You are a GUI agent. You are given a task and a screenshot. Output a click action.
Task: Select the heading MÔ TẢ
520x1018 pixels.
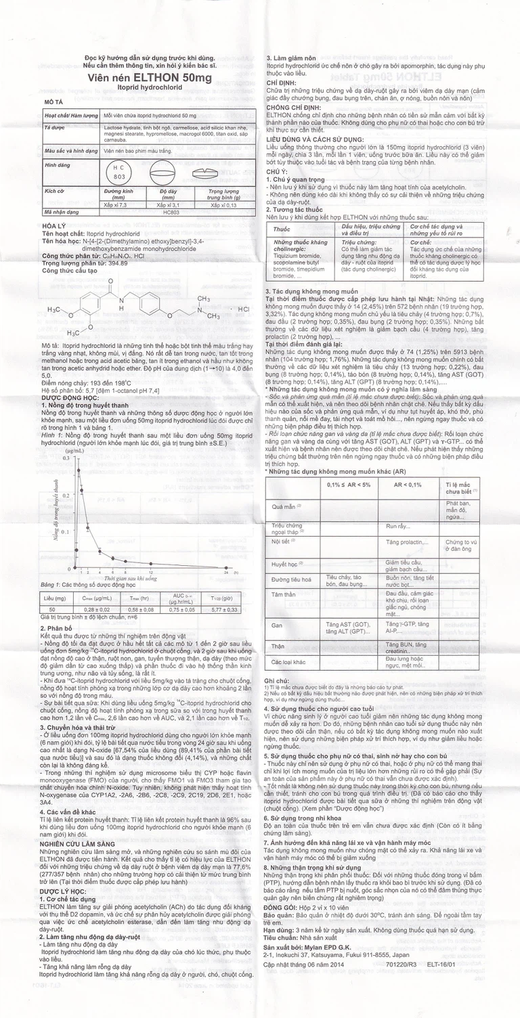54,101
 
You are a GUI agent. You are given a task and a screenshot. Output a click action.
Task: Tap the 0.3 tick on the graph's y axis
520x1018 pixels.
66,458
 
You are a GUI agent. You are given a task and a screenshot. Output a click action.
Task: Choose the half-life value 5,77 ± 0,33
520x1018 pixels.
221,610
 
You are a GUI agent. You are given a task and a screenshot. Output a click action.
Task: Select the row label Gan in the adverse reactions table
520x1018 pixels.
276,625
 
